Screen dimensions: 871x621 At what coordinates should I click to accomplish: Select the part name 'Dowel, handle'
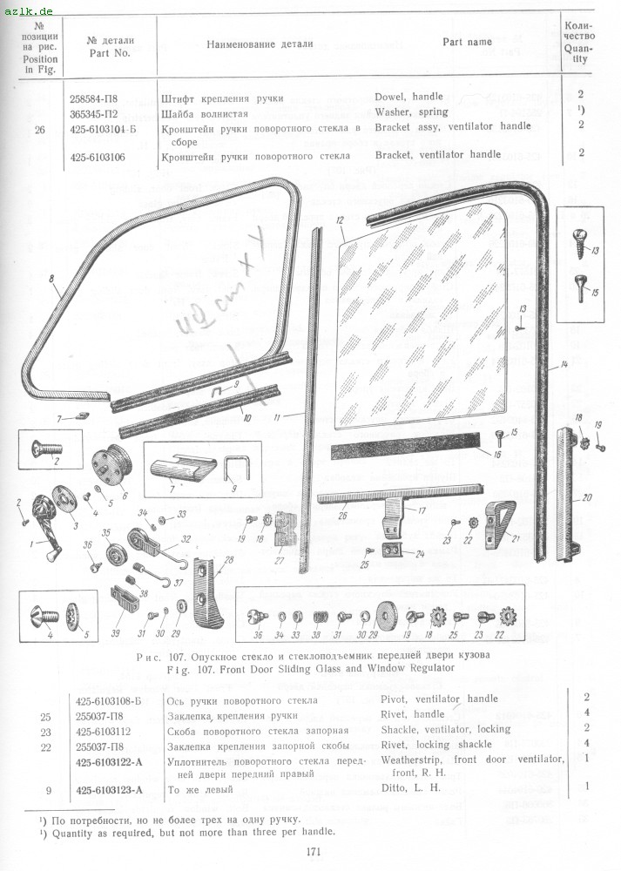click(408, 97)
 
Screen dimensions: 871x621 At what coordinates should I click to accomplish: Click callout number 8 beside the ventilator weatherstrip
click(51, 280)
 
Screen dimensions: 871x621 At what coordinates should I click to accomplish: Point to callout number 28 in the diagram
click(229, 560)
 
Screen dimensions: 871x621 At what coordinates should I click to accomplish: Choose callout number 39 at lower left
click(115, 634)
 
